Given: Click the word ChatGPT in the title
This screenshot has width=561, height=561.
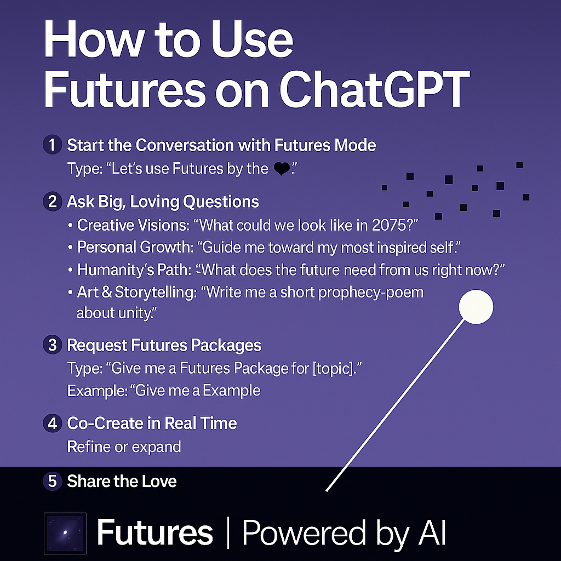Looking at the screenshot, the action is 374,89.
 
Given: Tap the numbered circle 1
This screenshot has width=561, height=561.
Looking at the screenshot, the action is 52,145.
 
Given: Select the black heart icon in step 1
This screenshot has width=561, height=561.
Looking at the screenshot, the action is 282,169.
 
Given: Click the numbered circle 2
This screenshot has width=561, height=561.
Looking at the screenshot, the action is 52,202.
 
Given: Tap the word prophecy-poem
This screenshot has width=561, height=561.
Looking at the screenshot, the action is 370,293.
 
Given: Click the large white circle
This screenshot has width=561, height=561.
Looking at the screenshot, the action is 476,307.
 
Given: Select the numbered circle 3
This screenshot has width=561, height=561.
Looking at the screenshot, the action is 52,345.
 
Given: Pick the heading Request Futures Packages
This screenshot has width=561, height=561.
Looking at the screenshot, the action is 164,346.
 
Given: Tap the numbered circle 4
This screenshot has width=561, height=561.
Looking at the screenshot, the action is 52,423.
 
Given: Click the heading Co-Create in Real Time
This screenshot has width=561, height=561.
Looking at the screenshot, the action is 152,423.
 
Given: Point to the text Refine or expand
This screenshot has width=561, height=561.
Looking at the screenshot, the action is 124,447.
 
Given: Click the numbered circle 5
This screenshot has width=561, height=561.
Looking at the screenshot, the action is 52,481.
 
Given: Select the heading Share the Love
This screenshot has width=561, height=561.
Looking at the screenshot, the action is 122,481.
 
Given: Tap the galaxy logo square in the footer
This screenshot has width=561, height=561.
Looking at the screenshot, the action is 65,534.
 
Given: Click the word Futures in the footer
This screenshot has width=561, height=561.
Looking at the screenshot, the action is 155,533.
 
